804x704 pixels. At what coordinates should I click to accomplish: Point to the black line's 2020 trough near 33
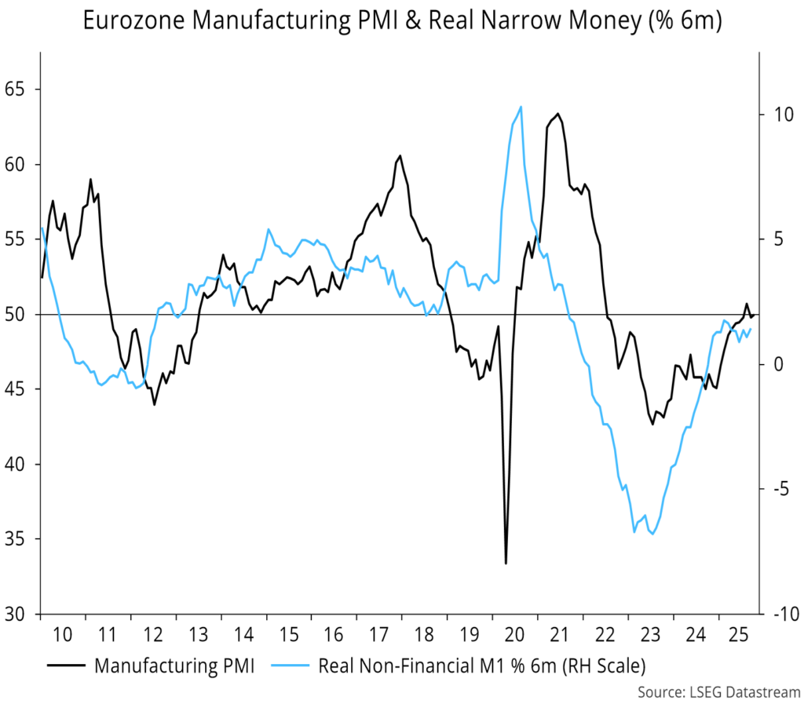[506, 563]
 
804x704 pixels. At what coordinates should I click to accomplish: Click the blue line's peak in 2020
[521, 107]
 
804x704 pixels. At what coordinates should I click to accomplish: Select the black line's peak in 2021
[557, 114]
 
